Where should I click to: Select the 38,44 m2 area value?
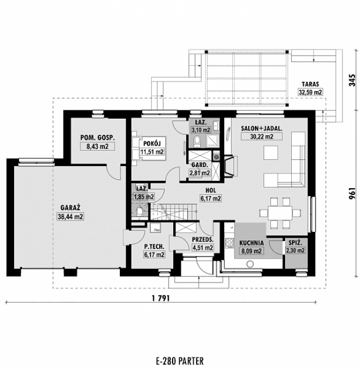pos(70,217)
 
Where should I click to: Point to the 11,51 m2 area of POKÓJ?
pos(152,152)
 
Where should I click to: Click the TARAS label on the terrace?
pos(311,83)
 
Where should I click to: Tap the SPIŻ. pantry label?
pos(295,242)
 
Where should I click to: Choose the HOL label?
pos(211,190)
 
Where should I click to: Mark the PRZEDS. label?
pos(203,239)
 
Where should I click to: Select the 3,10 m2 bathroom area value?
pos(200,130)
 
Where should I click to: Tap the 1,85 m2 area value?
pos(143,197)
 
